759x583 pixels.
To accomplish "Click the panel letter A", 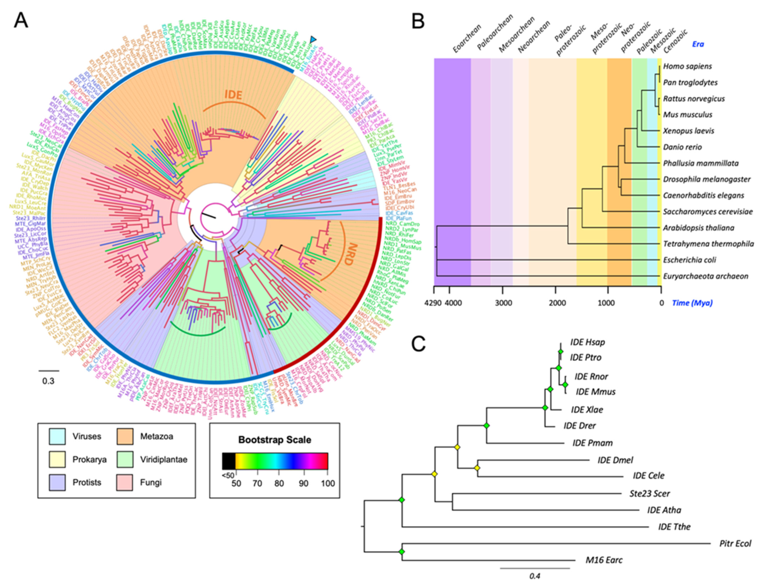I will click(21, 21).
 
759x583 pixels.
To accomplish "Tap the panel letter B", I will click(418, 21).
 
